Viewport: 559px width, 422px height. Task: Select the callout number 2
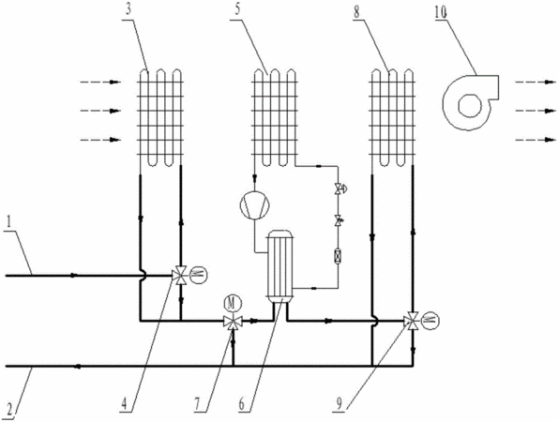[x=9, y=408]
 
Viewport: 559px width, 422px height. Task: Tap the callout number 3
[x=128, y=9]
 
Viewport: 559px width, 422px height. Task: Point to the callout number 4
[x=124, y=404]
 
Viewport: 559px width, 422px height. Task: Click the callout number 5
[x=237, y=9]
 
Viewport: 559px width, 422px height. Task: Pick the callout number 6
[x=242, y=404]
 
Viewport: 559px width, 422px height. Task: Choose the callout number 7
[x=198, y=404]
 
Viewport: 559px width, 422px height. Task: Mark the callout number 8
[x=356, y=13]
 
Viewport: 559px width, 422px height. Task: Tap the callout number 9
[x=338, y=404]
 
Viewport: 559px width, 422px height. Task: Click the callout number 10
[x=440, y=13]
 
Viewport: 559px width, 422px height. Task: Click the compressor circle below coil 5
[x=254, y=204]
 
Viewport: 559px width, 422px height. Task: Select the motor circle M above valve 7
[x=233, y=304]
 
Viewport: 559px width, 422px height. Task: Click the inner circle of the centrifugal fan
[x=470, y=105]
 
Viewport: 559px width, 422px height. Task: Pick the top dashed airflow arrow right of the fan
[x=536, y=83]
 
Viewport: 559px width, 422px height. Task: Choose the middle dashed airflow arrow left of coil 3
[x=100, y=111]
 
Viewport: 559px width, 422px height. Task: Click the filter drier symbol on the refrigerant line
[x=338, y=256]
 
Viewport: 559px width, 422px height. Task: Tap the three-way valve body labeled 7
[x=233, y=322]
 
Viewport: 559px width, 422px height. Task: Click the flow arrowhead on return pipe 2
[x=76, y=366]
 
